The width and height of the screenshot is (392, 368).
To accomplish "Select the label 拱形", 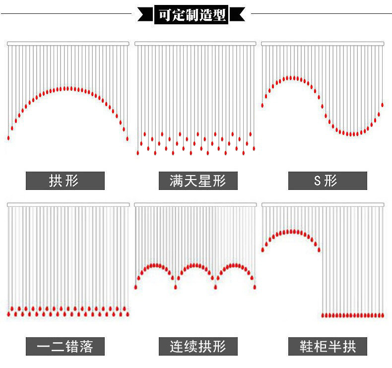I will pyautogui.click(x=65, y=181).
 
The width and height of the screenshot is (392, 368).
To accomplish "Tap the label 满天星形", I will pyautogui.click(x=197, y=181).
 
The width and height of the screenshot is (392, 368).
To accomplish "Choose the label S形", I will pyautogui.click(x=327, y=181).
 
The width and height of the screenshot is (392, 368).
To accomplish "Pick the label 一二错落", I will pyautogui.click(x=65, y=346).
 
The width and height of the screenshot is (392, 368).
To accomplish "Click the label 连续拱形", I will pyautogui.click(x=197, y=346).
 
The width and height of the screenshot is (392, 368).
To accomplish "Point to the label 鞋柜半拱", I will pyautogui.click(x=327, y=346).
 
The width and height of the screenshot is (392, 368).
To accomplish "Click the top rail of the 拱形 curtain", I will pyautogui.click(x=68, y=44).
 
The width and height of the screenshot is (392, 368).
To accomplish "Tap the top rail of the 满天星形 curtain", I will pyautogui.click(x=196, y=44).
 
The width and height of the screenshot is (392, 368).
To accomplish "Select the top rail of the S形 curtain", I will pyautogui.click(x=323, y=44).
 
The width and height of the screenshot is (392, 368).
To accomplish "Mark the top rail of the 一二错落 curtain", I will pyautogui.click(x=68, y=204).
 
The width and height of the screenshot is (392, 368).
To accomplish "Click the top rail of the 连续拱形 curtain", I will pyautogui.click(x=196, y=204).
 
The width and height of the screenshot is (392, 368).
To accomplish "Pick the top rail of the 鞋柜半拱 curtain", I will pyautogui.click(x=323, y=204).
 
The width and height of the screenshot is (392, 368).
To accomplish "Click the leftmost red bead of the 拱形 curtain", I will pyautogui.click(x=8, y=137).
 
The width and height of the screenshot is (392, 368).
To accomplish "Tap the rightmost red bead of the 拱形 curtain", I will pyautogui.click(x=127, y=138).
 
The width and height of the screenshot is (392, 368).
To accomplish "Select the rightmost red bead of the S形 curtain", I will pyautogui.click(x=382, y=105).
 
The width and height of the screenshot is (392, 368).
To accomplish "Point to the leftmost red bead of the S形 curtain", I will pyautogui.click(x=262, y=105).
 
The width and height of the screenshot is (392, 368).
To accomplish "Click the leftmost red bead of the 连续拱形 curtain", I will pyautogui.click(x=136, y=287).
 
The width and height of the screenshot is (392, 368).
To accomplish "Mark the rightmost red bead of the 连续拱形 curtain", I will pyautogui.click(x=255, y=287).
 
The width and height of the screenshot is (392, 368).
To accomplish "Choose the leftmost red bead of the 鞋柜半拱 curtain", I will pyautogui.click(x=263, y=249).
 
